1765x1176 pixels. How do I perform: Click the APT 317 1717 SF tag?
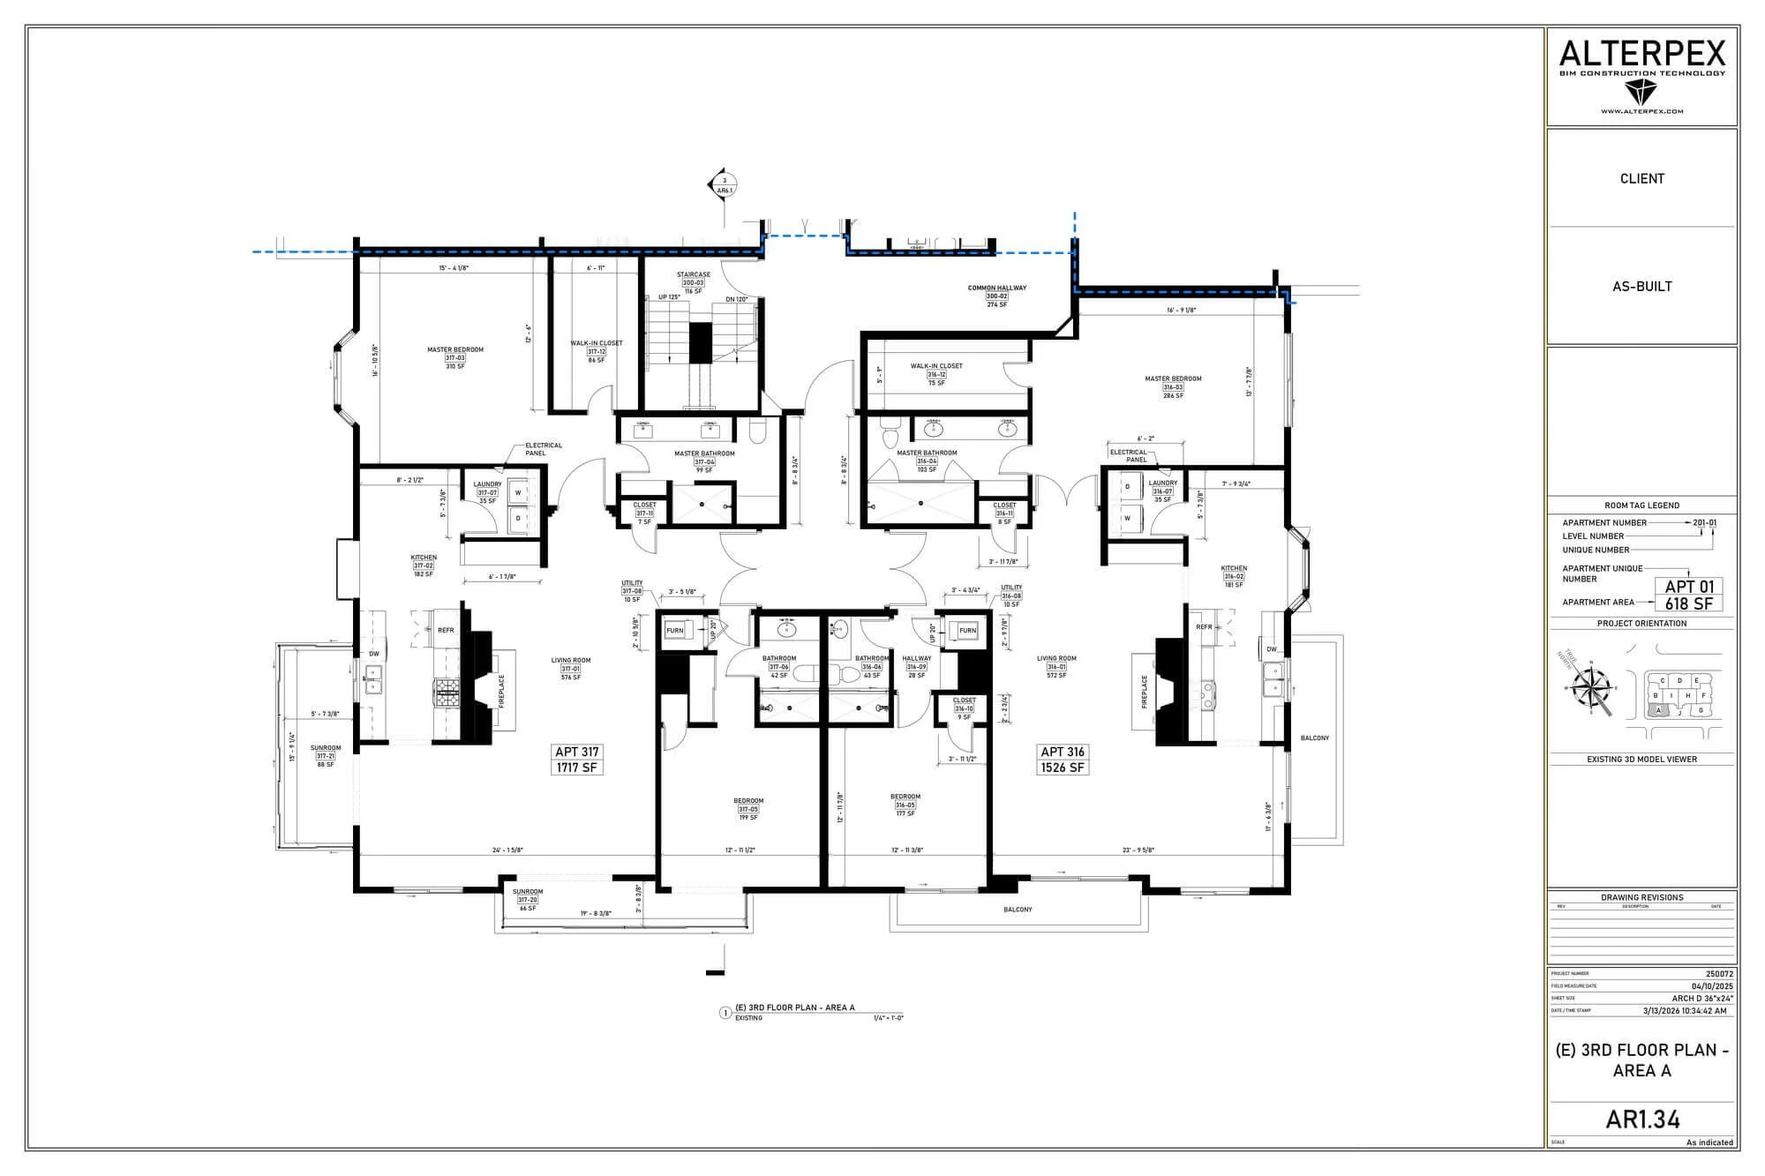577,760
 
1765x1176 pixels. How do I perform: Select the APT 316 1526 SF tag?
1063,760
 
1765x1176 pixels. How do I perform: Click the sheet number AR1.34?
1642,1120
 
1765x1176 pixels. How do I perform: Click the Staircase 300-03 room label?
694,282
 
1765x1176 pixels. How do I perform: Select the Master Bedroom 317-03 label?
455,357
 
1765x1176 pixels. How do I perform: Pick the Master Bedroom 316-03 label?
1173,386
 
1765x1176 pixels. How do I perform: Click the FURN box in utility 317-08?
675,631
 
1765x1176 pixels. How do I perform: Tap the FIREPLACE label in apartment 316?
1145,691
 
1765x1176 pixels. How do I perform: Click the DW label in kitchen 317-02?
374,654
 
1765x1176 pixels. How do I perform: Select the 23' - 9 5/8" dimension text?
1138,850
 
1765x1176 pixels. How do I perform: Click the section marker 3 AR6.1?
724,185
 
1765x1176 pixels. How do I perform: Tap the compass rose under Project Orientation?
1592,689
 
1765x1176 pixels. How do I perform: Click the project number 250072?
1720,974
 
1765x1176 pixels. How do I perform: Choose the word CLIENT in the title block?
1641,178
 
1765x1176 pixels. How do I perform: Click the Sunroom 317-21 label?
326,756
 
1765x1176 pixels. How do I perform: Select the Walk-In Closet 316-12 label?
936,374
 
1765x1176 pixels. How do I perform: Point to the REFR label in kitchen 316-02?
1205,627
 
